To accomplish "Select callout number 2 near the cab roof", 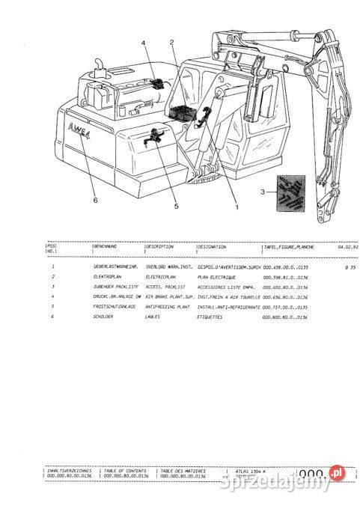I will click(x=172, y=43).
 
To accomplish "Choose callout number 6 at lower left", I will click(x=95, y=199).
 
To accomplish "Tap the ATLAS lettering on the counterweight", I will click(x=76, y=127).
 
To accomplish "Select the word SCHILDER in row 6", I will click(x=104, y=316).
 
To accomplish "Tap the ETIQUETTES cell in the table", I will click(x=212, y=316).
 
